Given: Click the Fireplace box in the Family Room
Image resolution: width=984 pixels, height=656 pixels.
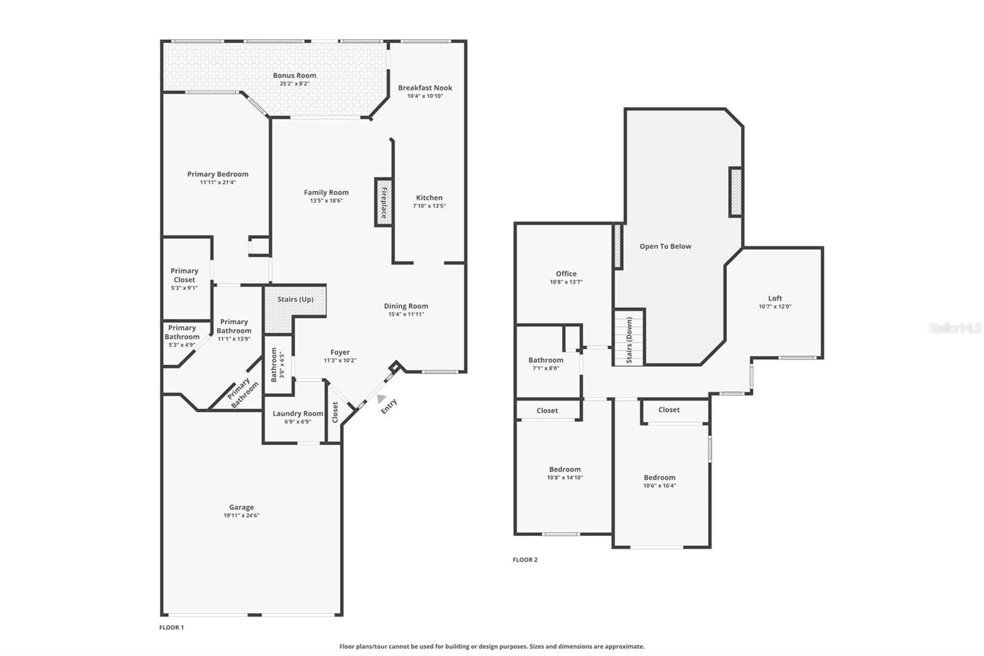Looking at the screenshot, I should click(384, 202).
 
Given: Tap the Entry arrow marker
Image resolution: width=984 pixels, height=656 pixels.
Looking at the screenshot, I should click(382, 399).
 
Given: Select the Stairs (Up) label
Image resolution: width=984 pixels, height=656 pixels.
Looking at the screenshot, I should click(295, 300).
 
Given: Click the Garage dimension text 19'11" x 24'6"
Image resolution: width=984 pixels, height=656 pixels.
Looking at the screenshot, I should click(241, 516).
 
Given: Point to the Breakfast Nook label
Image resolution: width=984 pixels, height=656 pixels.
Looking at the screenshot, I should click(425, 88).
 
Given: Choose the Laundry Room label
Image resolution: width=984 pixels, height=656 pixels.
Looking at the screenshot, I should click(298, 414).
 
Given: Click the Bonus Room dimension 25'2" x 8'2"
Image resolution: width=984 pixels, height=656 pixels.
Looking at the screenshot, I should click(295, 84).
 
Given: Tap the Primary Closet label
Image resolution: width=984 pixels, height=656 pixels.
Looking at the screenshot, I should click(184, 275).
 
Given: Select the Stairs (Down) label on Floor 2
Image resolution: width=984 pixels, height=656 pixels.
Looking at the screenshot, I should click(629, 340).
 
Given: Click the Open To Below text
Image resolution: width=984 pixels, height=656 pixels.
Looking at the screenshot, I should click(665, 246).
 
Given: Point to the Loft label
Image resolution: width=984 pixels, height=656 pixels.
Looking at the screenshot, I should click(775, 298).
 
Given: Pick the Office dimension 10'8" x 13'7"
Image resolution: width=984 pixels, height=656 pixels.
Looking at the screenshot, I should click(566, 282).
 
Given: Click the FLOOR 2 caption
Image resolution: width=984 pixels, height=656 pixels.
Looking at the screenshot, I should click(525, 560).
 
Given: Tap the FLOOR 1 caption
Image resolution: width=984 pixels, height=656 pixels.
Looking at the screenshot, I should click(172, 628).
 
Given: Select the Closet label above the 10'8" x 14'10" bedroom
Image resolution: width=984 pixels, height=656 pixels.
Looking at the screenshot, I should click(547, 410).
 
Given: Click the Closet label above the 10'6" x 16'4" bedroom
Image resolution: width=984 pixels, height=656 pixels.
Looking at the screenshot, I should click(669, 410).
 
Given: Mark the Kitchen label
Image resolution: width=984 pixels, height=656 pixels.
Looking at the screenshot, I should click(429, 198).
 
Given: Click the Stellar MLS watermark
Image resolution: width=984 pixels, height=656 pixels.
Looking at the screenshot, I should click(954, 328).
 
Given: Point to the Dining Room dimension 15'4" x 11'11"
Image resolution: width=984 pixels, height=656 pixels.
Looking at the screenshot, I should click(406, 314).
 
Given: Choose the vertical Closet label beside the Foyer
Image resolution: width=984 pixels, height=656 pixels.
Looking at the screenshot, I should click(335, 412).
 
